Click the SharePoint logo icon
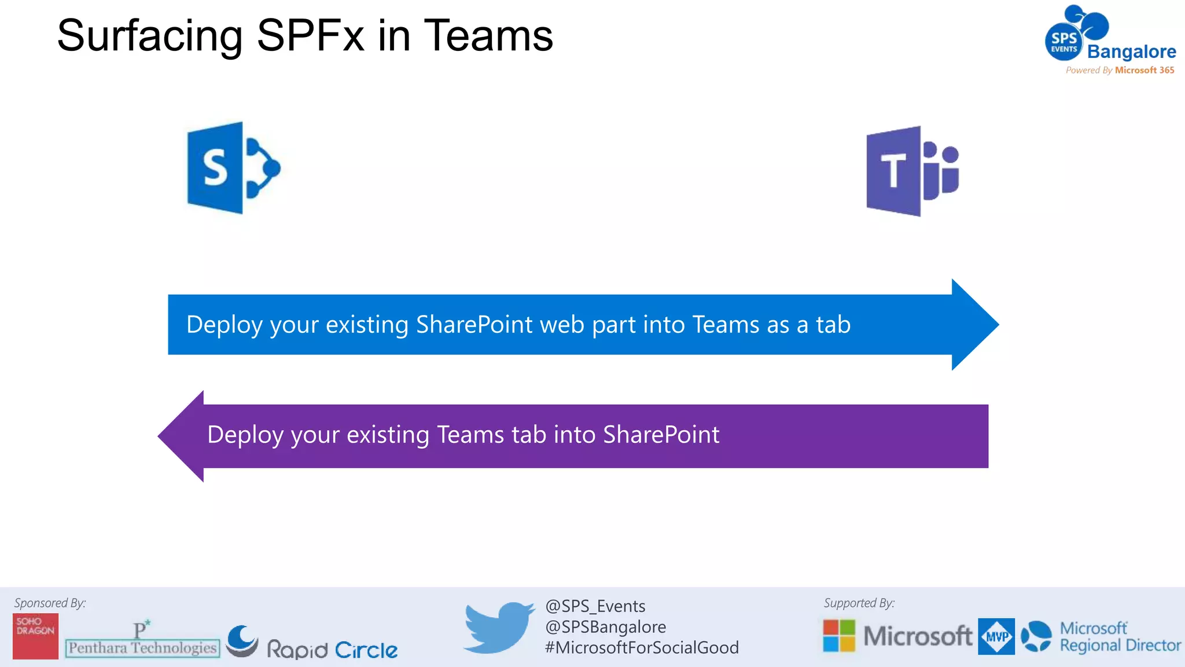tap(233, 168)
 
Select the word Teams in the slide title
tap(488, 36)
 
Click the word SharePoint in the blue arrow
tap(474, 325)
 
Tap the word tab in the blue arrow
tap(833, 325)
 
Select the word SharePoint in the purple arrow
tap(661, 435)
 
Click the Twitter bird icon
tap(499, 628)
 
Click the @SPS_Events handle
tap(595, 606)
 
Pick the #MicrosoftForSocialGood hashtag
tap(641, 647)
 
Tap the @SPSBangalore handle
tap(605, 627)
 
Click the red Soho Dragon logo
tap(35, 636)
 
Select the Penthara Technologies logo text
tap(142, 647)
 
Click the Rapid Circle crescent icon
tap(242, 641)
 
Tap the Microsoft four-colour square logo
tap(839, 636)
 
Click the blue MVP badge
tap(996, 636)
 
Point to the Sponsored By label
tap(50, 603)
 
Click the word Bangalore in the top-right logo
tap(1131, 52)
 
